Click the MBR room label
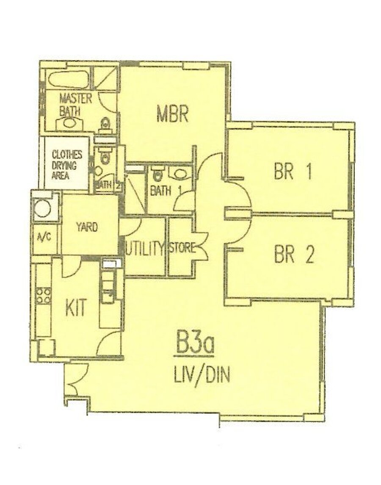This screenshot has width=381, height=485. (172, 114)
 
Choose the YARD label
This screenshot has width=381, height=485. (87, 227)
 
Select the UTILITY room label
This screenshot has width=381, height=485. (144, 248)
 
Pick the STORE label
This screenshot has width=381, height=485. (182, 248)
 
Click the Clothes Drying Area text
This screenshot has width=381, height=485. (67, 165)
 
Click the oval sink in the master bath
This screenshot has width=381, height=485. (69, 123)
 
